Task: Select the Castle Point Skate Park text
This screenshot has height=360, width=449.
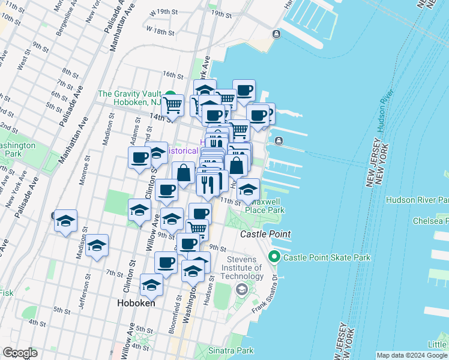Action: [327, 257]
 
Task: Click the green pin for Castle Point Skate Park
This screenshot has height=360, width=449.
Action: [275, 257]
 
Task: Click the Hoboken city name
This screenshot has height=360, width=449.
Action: [135, 303]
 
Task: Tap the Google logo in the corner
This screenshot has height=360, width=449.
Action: [19, 353]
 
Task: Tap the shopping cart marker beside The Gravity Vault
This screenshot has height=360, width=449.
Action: [173, 105]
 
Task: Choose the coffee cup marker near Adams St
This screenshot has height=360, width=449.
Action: [139, 158]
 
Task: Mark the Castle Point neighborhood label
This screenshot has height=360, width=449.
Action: [265, 233]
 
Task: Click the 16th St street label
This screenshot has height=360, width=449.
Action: [172, 75]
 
